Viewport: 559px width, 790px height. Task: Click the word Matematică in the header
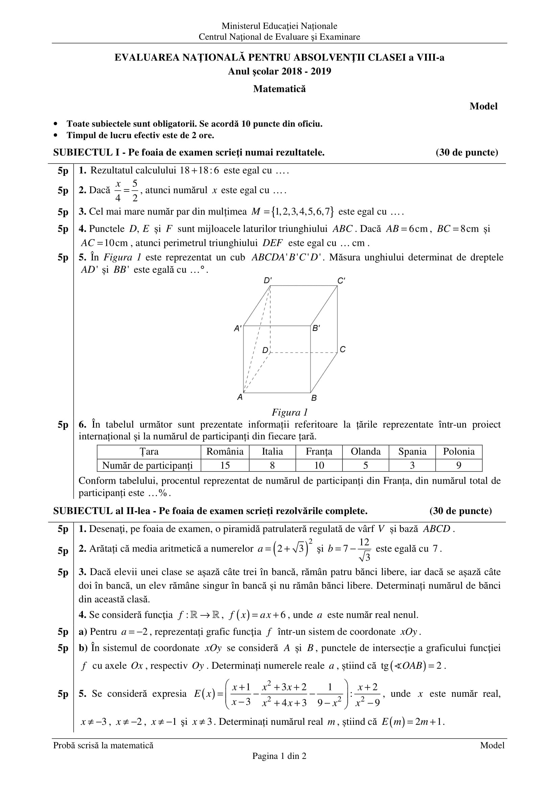[279, 89]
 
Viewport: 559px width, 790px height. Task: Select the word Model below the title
[483, 106]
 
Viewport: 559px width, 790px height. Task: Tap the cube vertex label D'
[267, 280]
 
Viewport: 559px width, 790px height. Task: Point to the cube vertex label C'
[341, 281]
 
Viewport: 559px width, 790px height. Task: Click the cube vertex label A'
[238, 328]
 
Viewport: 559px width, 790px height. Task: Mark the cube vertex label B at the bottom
[314, 398]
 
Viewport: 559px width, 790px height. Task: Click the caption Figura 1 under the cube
[289, 412]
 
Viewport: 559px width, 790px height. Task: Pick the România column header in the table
[225, 452]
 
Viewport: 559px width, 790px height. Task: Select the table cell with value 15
[225, 465]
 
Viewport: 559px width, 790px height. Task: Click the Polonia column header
[459, 452]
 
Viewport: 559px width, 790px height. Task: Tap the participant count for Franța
[319, 465]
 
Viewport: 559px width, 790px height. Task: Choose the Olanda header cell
[366, 452]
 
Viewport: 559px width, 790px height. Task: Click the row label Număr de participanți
[148, 465]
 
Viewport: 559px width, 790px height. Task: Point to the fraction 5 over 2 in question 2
[135, 190]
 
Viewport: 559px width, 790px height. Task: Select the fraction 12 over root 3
[364, 549]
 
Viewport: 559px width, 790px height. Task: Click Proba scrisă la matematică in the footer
[103, 745]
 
